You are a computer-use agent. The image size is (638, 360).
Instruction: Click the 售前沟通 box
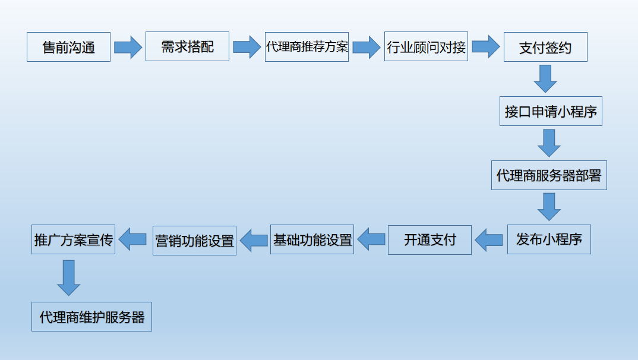(x=68, y=47)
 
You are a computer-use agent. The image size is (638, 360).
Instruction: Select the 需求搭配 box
(x=187, y=46)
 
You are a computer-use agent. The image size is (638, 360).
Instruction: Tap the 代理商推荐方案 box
(x=307, y=46)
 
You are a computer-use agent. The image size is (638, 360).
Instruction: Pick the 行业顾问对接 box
(x=426, y=47)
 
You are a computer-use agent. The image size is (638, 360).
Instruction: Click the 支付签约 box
(x=545, y=47)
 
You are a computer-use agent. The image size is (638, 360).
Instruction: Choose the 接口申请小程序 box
(x=551, y=111)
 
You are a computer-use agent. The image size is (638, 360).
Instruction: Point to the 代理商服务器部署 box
(x=549, y=175)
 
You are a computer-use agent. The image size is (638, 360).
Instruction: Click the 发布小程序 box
(x=549, y=239)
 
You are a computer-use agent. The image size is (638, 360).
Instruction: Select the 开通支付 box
(x=429, y=240)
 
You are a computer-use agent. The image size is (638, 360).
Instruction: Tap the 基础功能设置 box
(x=312, y=240)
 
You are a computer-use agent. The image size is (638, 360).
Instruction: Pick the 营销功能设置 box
(x=194, y=241)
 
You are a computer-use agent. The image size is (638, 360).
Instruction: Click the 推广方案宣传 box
(x=73, y=240)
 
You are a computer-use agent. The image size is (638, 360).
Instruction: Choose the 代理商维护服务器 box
(x=92, y=317)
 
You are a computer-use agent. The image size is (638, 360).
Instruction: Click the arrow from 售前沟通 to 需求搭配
(x=128, y=47)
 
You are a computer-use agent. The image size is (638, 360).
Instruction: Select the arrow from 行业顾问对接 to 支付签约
(x=485, y=47)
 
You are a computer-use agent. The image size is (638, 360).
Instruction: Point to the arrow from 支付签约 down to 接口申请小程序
(x=545, y=78)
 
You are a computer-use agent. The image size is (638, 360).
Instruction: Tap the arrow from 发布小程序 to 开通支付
(x=489, y=240)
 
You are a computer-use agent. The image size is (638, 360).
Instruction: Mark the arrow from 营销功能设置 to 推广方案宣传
(x=132, y=240)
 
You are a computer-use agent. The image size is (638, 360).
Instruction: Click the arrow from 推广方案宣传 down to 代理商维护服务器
(x=69, y=277)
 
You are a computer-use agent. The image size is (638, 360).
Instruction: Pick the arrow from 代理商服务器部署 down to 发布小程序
(x=549, y=206)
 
